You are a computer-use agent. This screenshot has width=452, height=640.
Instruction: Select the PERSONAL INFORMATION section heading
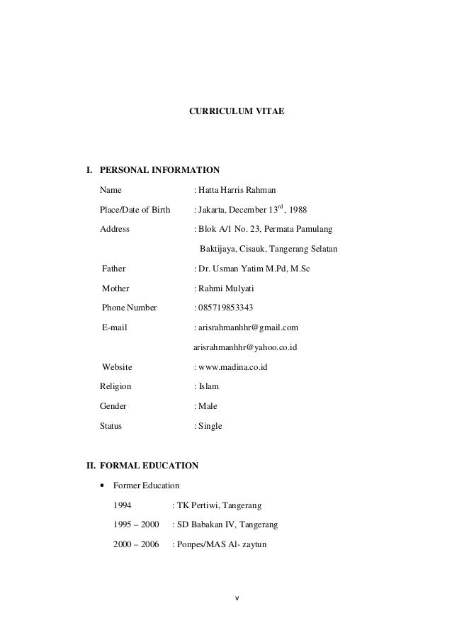click(x=159, y=170)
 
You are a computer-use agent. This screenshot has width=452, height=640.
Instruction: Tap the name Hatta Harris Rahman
click(x=237, y=190)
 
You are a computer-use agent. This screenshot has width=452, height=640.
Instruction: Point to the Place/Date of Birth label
click(x=135, y=210)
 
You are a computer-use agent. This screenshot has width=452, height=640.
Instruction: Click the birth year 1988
click(x=297, y=210)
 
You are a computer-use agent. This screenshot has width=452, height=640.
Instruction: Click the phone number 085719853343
click(x=226, y=308)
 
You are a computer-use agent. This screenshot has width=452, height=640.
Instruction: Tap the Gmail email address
click(x=248, y=327)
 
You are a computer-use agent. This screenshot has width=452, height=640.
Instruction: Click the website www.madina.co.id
click(x=233, y=367)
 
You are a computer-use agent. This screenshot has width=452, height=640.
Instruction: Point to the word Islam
click(x=209, y=386)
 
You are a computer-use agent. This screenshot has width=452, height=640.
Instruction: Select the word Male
click(x=208, y=406)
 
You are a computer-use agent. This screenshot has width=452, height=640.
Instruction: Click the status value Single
click(x=210, y=426)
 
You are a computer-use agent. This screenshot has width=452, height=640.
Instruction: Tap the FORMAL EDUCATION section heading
click(x=149, y=466)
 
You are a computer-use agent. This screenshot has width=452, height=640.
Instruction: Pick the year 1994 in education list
click(x=123, y=505)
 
